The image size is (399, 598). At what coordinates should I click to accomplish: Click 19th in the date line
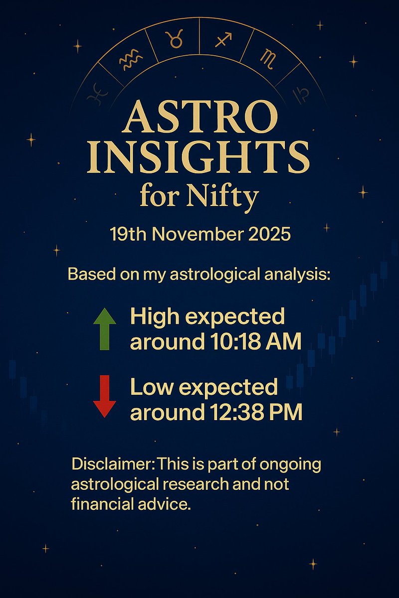pyautogui.click(x=127, y=234)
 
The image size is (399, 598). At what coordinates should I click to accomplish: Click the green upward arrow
pyautogui.click(x=105, y=328)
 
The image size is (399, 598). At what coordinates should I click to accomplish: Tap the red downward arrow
pyautogui.click(x=105, y=396)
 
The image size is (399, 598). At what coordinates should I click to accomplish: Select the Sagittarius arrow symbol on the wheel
pyautogui.click(x=223, y=39)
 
